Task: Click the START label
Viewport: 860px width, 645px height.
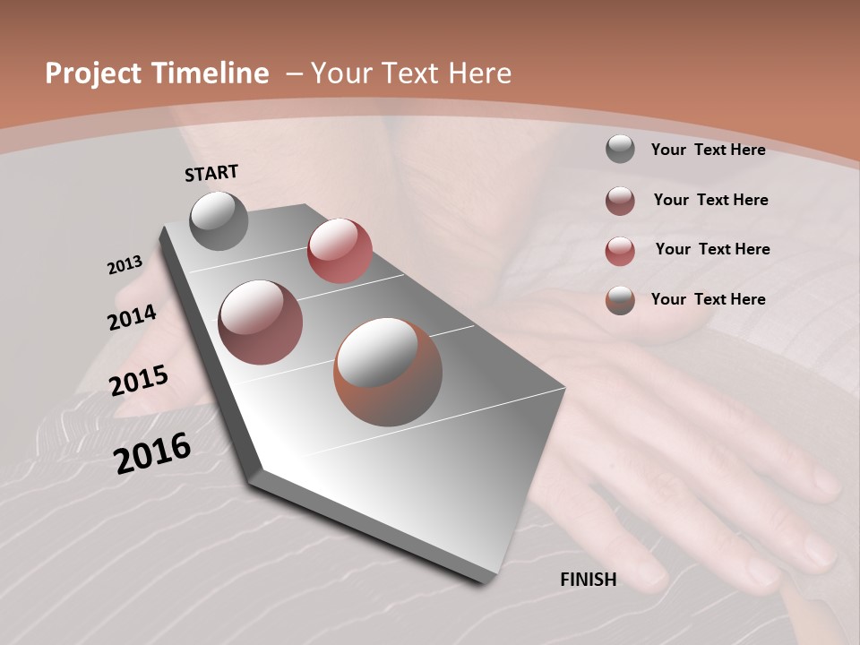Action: click(211, 173)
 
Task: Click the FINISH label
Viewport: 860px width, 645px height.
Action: click(588, 580)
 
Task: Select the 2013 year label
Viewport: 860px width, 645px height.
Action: click(125, 265)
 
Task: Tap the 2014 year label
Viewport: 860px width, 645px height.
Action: click(132, 317)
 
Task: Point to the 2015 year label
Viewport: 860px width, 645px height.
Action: click(139, 381)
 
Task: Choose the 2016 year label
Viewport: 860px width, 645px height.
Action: click(152, 452)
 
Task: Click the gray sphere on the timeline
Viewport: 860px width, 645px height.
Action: click(219, 220)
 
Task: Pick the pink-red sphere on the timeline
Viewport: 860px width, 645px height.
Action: click(340, 250)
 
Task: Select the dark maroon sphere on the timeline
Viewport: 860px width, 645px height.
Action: click(261, 322)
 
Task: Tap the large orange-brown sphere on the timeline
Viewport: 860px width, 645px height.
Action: click(388, 372)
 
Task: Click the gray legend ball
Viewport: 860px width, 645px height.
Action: click(620, 149)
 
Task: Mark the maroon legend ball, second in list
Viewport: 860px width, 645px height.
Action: click(620, 201)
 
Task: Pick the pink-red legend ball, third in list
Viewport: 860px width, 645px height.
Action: click(620, 251)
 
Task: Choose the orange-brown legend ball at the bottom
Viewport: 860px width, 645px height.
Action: click(620, 300)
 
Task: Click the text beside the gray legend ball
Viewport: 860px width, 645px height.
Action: click(708, 150)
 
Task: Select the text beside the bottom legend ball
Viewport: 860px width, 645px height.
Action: click(708, 299)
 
